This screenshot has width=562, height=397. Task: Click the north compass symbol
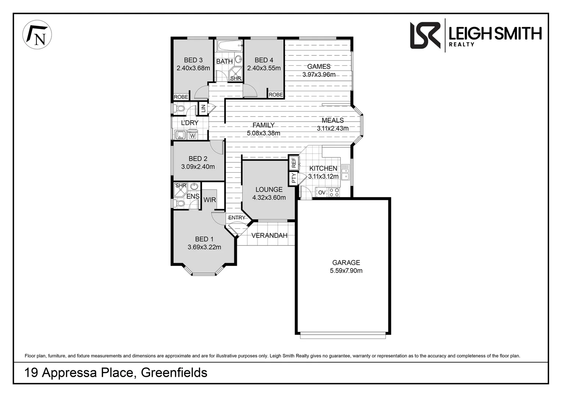coord(37,35)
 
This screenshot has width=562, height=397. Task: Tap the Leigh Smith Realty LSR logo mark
coord(425,35)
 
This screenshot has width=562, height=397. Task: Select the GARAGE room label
coord(346,262)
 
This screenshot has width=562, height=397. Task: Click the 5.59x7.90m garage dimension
coord(346,271)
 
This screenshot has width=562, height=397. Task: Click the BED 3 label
coord(193,60)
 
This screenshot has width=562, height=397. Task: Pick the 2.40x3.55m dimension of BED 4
coord(264,68)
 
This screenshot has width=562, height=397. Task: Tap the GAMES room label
coord(319,67)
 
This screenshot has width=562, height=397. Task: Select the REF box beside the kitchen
coord(294,162)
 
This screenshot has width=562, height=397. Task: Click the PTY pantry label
coord(294,179)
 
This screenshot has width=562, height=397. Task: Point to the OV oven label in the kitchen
coord(321,192)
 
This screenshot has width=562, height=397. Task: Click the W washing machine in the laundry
coord(192,136)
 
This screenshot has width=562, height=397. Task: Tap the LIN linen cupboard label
coord(203,108)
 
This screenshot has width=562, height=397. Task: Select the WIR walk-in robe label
coord(210,200)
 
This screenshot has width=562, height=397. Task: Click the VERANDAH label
coord(269,235)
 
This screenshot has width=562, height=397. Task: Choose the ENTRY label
coord(236,218)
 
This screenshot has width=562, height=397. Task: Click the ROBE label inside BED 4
coord(275,95)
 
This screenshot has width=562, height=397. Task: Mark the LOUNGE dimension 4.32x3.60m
coord(269,197)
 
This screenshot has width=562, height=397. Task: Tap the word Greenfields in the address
coord(174,372)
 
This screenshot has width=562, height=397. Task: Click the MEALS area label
coord(332,120)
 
